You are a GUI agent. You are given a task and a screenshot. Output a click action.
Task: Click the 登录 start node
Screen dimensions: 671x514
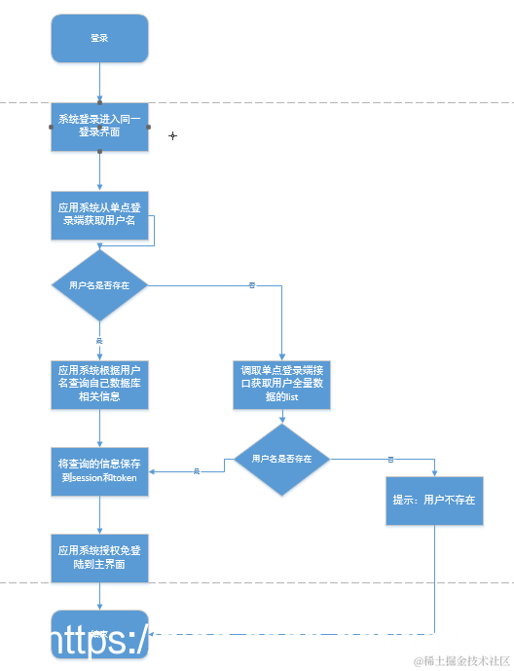(x=99, y=38)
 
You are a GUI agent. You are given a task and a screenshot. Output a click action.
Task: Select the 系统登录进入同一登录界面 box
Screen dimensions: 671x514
(x=99, y=127)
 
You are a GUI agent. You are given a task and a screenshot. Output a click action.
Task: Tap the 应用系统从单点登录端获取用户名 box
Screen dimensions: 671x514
(x=99, y=214)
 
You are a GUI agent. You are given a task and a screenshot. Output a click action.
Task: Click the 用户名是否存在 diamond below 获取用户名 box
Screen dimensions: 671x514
(x=99, y=285)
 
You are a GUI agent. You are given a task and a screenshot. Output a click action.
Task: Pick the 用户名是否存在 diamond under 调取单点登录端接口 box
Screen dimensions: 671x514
(x=281, y=459)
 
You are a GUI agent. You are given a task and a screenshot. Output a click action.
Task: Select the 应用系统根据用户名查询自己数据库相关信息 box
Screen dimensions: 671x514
(x=99, y=383)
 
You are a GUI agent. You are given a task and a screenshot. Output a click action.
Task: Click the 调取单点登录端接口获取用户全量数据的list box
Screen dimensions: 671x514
(x=281, y=383)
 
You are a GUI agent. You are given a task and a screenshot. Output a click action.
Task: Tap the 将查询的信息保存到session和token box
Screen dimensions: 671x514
(x=99, y=471)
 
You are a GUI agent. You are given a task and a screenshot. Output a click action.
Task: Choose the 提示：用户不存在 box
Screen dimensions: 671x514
(x=434, y=500)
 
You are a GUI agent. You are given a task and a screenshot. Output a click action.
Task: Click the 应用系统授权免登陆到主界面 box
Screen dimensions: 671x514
(x=99, y=557)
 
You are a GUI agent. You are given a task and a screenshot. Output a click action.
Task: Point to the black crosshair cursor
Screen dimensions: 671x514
(x=173, y=135)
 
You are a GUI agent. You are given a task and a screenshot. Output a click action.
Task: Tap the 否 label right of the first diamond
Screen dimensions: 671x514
(x=252, y=285)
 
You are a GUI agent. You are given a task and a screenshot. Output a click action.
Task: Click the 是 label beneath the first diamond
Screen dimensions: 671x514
(x=99, y=340)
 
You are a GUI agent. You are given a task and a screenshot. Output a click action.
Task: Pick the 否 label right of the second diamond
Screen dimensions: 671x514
(x=390, y=459)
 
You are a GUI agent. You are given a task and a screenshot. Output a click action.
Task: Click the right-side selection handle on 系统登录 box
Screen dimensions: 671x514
(x=148, y=128)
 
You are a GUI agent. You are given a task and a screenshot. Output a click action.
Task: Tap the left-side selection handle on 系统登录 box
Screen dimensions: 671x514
(x=51, y=128)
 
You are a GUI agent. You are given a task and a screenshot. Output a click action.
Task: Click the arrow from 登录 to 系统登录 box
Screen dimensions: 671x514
(x=99, y=83)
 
